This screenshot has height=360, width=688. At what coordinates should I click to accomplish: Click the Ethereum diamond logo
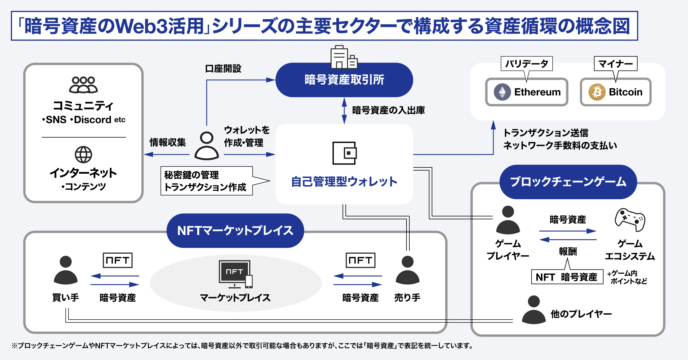(x=502, y=92)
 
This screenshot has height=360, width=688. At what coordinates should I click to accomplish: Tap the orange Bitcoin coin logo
(x=597, y=92)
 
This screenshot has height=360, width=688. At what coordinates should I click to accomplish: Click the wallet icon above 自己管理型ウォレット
(x=344, y=153)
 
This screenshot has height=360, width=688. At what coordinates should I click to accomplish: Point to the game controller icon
(x=630, y=220)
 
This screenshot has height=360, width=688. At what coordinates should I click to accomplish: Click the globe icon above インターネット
(x=83, y=154)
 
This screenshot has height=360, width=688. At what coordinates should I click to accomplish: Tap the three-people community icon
(x=83, y=85)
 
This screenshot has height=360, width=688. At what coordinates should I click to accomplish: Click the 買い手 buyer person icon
(x=66, y=270)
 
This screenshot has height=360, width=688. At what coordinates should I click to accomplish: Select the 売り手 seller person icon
(x=407, y=270)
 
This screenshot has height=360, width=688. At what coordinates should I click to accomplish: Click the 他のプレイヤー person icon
(x=533, y=310)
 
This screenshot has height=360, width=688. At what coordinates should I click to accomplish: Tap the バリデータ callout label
(x=527, y=64)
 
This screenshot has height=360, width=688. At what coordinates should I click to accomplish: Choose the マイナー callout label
(x=615, y=64)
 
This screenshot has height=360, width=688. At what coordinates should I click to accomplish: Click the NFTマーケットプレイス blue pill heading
(x=235, y=231)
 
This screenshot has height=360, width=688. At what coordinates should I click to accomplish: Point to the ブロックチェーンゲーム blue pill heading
(x=568, y=182)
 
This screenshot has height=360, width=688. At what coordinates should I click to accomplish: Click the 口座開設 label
(x=223, y=69)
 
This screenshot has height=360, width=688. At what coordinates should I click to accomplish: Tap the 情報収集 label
(x=168, y=142)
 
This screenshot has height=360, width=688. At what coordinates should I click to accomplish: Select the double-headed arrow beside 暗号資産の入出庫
(x=344, y=111)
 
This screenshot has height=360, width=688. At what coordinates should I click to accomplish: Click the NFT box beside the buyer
(x=118, y=260)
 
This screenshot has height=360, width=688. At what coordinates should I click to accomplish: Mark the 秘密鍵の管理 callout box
(x=206, y=181)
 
